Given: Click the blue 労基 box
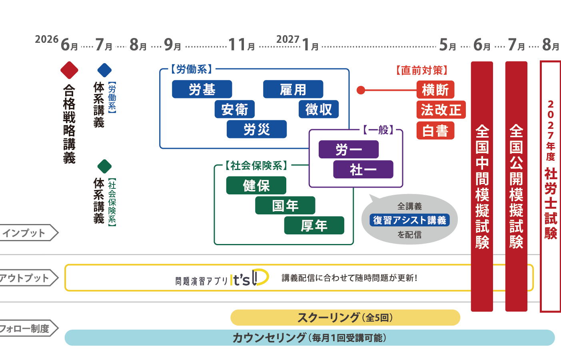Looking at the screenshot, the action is pos(202,89).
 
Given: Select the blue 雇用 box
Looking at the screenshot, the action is pos(293,89).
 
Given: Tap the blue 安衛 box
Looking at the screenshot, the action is pos(234,109).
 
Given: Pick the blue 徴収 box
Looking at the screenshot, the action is pos(319,109).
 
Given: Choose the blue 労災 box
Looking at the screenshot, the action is pos(257,129).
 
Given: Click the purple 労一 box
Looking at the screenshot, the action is pos(349,149).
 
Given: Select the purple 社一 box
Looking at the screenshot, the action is pos(363,169).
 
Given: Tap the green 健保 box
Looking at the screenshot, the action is pos(256,185).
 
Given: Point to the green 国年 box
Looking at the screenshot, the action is pos(285,206).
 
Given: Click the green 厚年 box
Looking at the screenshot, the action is pos(314,226).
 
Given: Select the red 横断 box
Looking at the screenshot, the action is pos(435,90).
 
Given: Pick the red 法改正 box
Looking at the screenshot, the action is pos(441,110).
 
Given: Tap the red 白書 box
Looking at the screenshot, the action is pos(435,130).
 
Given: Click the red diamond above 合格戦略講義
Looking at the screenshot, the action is pos(69,70).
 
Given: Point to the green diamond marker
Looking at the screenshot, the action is pos(104,166).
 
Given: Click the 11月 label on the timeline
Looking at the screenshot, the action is pos(242,45).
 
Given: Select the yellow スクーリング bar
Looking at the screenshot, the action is pos(345,318).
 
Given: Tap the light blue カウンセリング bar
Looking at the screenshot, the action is pos(309,338).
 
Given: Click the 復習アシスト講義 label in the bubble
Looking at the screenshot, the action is pos(410,220).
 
